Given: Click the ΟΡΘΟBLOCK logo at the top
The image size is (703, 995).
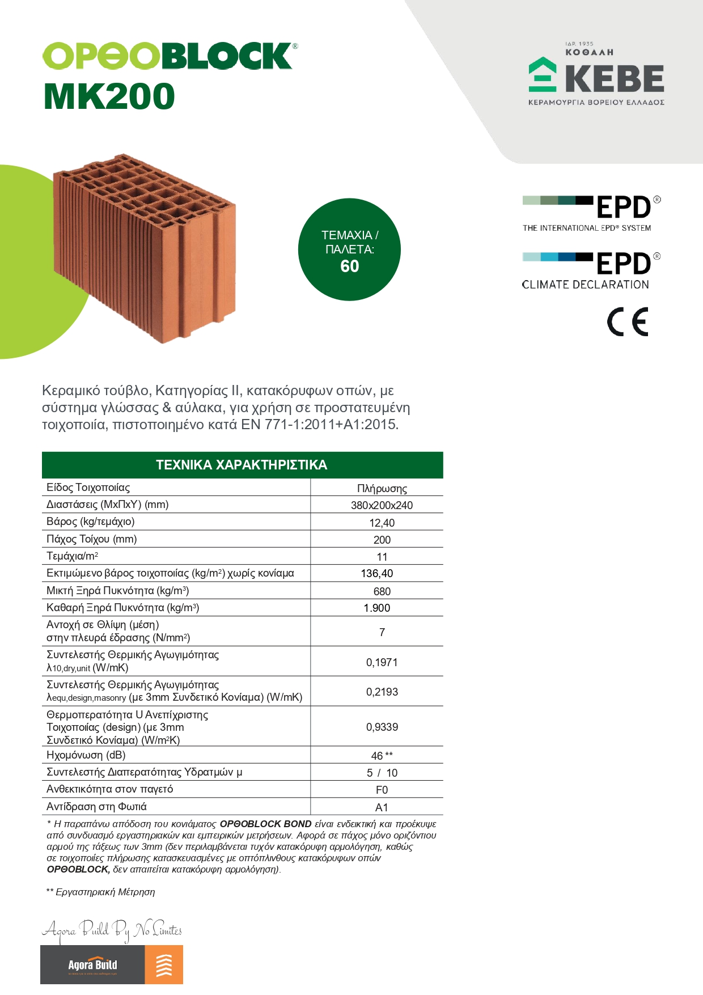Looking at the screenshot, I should pyautogui.click(x=169, y=56).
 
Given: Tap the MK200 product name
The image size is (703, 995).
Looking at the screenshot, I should pyautogui.click(x=109, y=96).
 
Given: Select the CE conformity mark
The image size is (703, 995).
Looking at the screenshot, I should pyautogui.click(x=628, y=322).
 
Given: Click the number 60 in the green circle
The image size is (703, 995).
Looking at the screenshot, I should pyautogui.click(x=350, y=266).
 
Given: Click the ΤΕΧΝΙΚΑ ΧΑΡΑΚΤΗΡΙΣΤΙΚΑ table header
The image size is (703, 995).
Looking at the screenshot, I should pyautogui.click(x=242, y=465).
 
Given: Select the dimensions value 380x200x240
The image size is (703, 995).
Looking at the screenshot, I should pyautogui.click(x=382, y=505).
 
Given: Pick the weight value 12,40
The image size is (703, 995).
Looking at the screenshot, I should pyautogui.click(x=382, y=523).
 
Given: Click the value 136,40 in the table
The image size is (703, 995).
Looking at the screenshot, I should pyautogui.click(x=377, y=573).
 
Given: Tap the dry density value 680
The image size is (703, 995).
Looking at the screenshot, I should pyautogui.click(x=382, y=591).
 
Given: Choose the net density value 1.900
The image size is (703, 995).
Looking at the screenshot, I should pyautogui.click(x=377, y=608).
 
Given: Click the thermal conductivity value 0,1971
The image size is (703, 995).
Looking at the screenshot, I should pyautogui.click(x=382, y=662).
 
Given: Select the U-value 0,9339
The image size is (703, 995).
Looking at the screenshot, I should pyautogui.click(x=382, y=727).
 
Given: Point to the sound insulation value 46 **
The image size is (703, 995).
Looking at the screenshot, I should pyautogui.click(x=382, y=756).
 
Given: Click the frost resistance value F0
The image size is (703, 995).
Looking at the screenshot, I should pyautogui.click(x=382, y=790).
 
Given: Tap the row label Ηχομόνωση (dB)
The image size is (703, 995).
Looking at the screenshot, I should pyautogui.click(x=86, y=755).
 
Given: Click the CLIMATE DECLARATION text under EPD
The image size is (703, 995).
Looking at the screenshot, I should pyautogui.click(x=585, y=285).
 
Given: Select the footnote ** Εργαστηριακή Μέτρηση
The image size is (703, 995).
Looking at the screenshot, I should pyautogui.click(x=101, y=892).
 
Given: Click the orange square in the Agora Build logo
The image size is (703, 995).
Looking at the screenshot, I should pyautogui.click(x=164, y=965).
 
